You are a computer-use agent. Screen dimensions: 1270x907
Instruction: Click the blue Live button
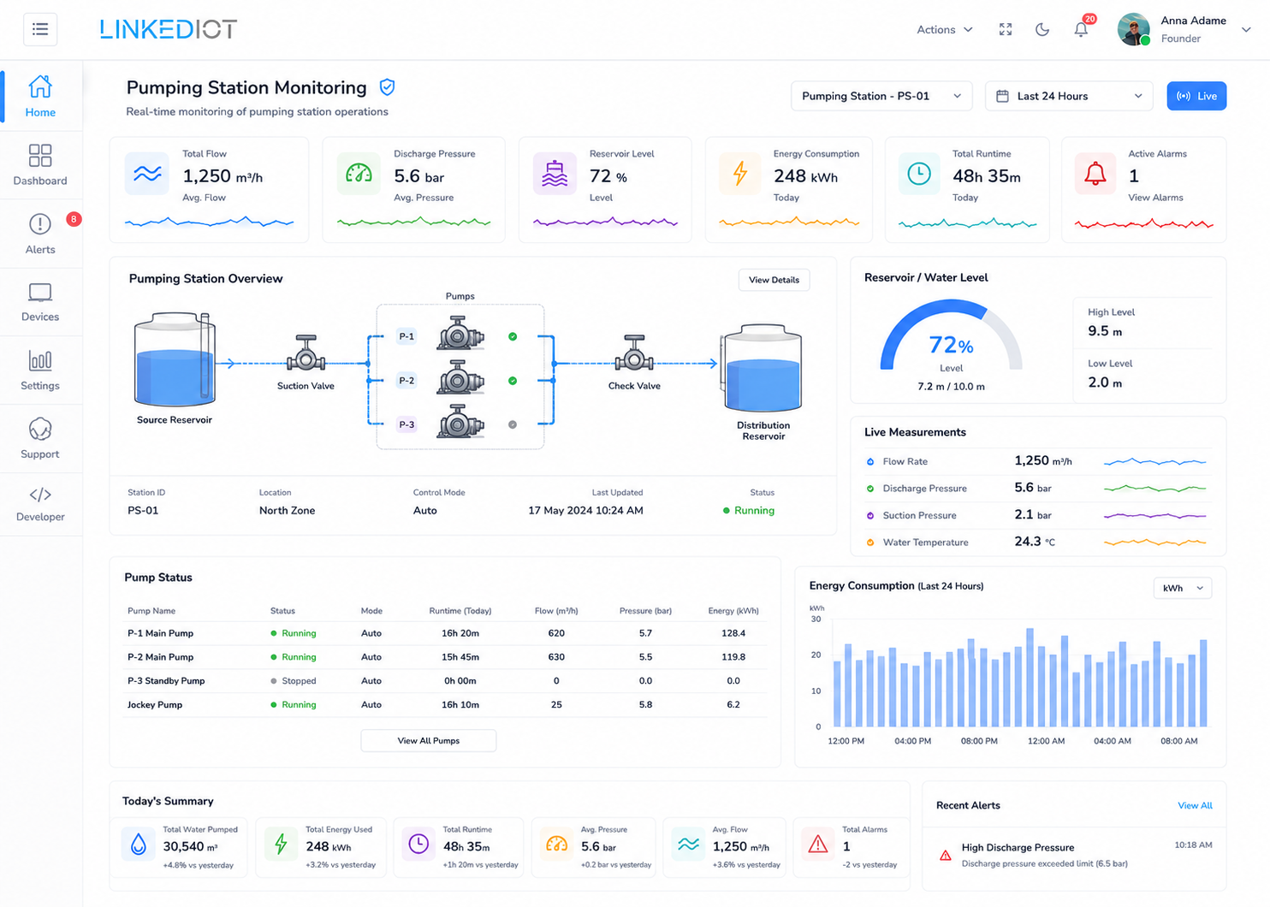pos(1196,96)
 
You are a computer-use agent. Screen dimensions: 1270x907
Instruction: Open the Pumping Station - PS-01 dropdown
pos(881,96)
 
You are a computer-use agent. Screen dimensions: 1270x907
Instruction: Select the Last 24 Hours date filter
pos(1069,96)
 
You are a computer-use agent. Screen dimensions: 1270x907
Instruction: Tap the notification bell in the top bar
pos(1081,29)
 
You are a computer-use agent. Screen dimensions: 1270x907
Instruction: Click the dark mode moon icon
pos(1042,29)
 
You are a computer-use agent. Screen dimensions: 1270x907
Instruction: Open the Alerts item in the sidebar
pos(40,234)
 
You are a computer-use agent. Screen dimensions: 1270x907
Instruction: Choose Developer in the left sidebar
pos(40,504)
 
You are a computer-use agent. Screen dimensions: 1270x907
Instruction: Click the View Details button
pos(774,280)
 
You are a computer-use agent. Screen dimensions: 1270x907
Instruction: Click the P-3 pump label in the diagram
pos(407,424)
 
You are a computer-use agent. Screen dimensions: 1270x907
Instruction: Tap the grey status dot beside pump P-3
pos(513,424)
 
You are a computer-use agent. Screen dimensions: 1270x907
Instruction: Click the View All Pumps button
pos(429,740)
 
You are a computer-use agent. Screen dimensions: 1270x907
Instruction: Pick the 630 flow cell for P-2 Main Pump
pos(556,657)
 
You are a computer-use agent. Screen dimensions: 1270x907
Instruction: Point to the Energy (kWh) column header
pos(733,611)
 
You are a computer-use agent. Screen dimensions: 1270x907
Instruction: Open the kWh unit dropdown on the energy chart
pos(1183,588)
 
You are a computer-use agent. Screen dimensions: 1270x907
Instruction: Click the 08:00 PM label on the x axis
pos(979,741)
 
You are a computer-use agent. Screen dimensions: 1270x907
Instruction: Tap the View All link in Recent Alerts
pos(1196,805)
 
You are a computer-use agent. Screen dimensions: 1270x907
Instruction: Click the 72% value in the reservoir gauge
pos(951,345)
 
